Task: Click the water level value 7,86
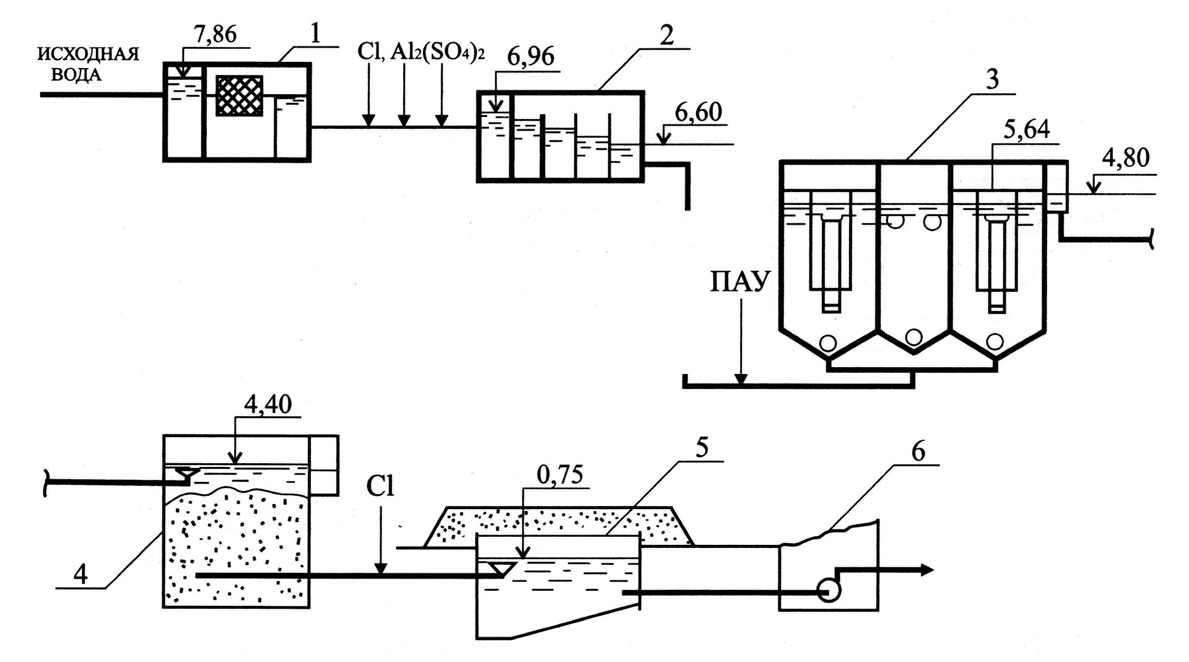click(x=216, y=35)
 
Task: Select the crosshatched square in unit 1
click(x=240, y=95)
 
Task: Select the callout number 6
click(x=917, y=451)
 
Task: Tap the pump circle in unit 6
click(x=829, y=592)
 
